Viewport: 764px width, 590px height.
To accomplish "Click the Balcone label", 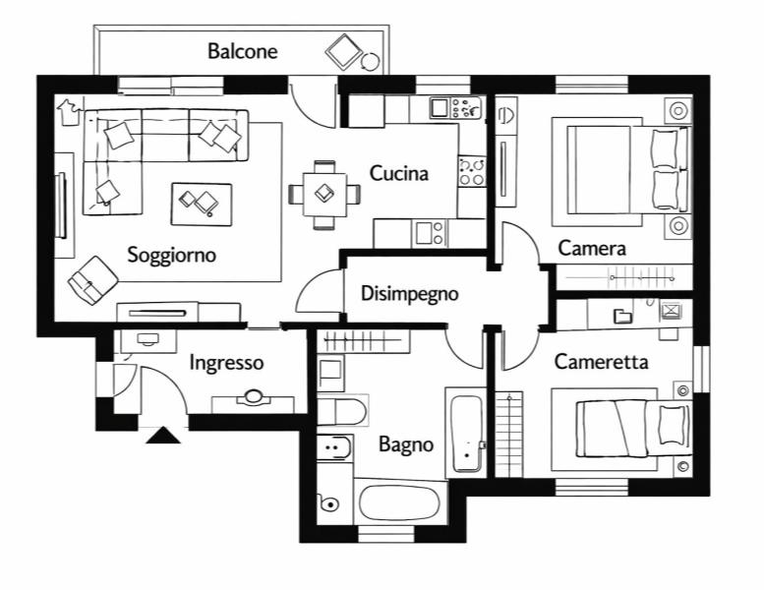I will click(242, 51).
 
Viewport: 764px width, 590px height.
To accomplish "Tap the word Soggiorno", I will click(171, 255).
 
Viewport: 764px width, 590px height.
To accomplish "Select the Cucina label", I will click(398, 174).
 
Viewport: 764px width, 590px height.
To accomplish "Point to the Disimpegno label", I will click(409, 292).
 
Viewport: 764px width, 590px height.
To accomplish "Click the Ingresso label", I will click(226, 363).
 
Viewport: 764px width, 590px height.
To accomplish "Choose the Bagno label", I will click(405, 444).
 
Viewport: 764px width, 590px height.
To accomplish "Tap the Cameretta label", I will click(601, 362).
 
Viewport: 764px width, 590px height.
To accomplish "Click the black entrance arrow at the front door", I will click(162, 436).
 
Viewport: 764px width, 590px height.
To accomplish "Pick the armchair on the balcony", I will click(345, 50).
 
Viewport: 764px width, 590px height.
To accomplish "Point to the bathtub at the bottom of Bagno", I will click(402, 503).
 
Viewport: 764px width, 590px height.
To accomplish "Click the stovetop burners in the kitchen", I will click(471, 172).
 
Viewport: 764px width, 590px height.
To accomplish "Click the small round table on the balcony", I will click(371, 62).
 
